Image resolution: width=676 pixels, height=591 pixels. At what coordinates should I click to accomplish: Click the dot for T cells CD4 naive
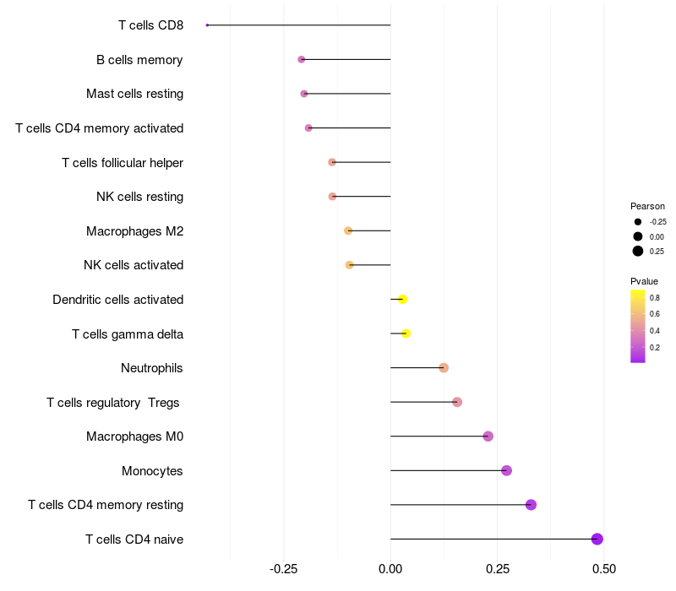(597, 539)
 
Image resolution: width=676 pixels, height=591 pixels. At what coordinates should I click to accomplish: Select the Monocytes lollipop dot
(506, 470)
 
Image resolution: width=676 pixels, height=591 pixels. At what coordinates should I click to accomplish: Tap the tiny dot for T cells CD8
(207, 25)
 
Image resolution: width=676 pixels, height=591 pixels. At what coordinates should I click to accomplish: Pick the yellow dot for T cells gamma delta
(406, 333)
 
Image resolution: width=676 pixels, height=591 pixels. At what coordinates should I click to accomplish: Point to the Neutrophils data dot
(444, 367)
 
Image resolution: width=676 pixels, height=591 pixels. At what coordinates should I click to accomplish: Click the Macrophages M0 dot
(488, 436)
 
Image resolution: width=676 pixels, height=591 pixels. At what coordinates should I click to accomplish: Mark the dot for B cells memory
(302, 59)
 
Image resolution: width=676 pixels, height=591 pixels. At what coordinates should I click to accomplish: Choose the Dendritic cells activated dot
(402, 299)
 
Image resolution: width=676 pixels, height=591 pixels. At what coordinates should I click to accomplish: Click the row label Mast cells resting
(134, 94)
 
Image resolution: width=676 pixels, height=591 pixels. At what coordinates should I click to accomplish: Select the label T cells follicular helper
(123, 162)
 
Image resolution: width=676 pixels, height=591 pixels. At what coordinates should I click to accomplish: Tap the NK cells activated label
(134, 265)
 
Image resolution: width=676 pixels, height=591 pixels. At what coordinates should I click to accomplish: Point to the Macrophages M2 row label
(134, 230)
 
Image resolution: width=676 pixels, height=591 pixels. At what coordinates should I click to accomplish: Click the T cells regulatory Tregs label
(113, 402)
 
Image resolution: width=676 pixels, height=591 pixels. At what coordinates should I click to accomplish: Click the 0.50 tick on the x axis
(604, 569)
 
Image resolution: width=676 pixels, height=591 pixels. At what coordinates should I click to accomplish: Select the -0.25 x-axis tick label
(283, 569)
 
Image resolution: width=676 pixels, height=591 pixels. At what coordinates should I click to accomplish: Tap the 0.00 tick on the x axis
(390, 569)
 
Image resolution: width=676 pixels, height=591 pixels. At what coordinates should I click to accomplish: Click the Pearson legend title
(647, 206)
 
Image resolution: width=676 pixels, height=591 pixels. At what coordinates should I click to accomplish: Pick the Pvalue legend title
(644, 281)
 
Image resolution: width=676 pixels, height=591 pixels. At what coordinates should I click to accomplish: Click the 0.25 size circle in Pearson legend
(638, 251)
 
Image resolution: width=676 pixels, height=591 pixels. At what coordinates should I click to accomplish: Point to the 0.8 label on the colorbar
(655, 297)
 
